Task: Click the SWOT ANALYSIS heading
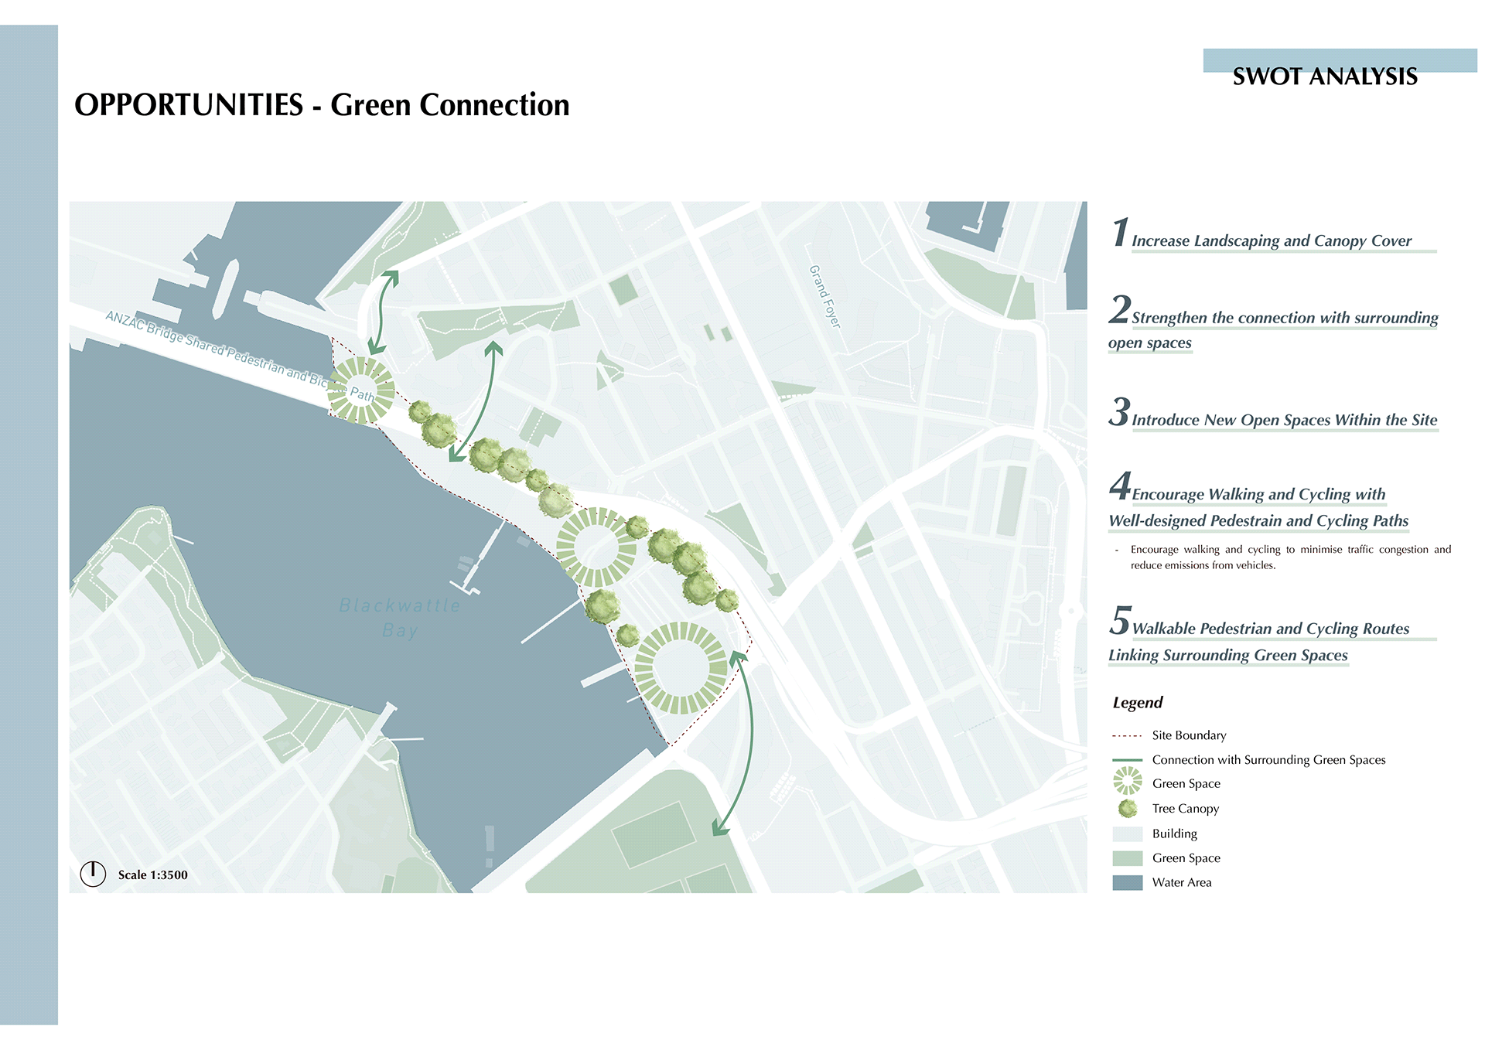[x=1324, y=77]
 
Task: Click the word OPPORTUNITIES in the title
[x=189, y=105]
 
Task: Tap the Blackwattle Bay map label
[x=400, y=617]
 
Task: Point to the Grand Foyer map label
[x=824, y=296]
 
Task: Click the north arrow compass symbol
[x=93, y=874]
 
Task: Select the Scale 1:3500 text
[x=153, y=875]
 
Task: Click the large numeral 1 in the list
[x=1120, y=233]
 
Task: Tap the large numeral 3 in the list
[x=1119, y=412]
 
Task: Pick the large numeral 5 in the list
[x=1120, y=621]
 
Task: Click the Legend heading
[x=1137, y=703]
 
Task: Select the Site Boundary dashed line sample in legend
[x=1127, y=736]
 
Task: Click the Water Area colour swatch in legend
[x=1127, y=882]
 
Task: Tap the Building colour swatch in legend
[x=1127, y=834]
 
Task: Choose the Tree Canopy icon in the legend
[x=1128, y=809]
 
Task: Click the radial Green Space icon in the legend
[x=1128, y=781]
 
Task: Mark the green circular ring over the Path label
[x=360, y=390]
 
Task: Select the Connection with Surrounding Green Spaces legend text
[x=1268, y=760]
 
